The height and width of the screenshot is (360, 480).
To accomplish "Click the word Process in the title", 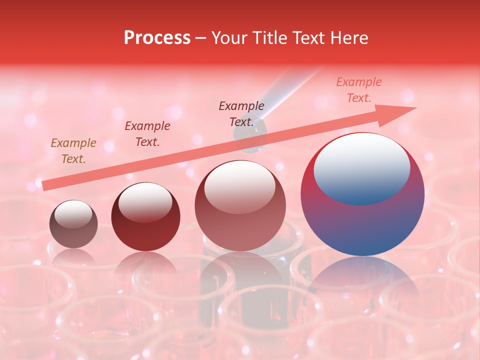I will pyautogui.click(x=157, y=38).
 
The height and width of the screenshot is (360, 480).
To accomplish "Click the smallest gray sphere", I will pyautogui.click(x=73, y=224).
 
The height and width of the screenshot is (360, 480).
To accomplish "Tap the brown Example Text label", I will pyautogui.click(x=73, y=151).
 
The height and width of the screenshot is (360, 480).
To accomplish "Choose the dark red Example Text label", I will pyautogui.click(x=147, y=134).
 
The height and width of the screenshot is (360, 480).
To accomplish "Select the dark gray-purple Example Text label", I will pyautogui.click(x=241, y=114).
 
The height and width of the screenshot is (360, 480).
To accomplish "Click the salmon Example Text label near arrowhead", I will pyautogui.click(x=359, y=90).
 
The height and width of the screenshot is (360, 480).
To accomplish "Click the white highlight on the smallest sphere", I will pyautogui.click(x=73, y=214).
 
